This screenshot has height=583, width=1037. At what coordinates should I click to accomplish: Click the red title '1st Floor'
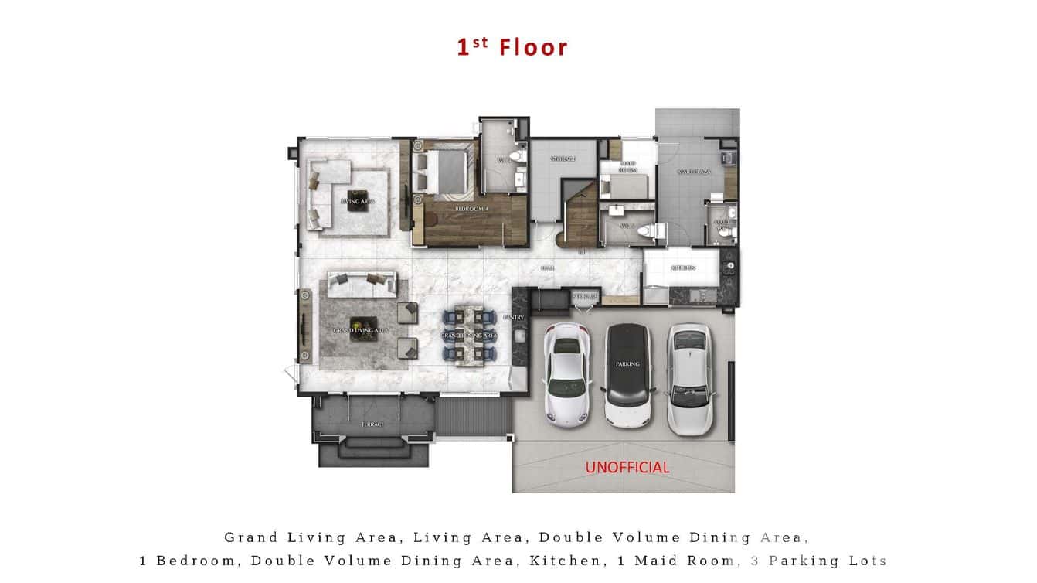click(512, 47)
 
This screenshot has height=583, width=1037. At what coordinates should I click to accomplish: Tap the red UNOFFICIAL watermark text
click(627, 467)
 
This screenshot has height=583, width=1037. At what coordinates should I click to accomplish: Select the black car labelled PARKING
click(627, 375)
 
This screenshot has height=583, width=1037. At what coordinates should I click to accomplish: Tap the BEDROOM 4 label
click(470, 210)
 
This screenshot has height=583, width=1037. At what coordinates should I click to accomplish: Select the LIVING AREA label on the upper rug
click(358, 201)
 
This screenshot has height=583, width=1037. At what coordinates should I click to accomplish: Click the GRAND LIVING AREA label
click(361, 330)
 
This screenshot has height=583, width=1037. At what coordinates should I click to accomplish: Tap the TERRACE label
click(372, 424)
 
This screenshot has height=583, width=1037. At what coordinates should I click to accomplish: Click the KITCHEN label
click(683, 268)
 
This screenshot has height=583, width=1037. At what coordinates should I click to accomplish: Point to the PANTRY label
click(513, 317)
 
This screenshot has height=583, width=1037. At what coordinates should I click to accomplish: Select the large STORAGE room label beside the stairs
click(563, 159)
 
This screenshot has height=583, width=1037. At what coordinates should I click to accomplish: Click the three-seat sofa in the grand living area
click(362, 284)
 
